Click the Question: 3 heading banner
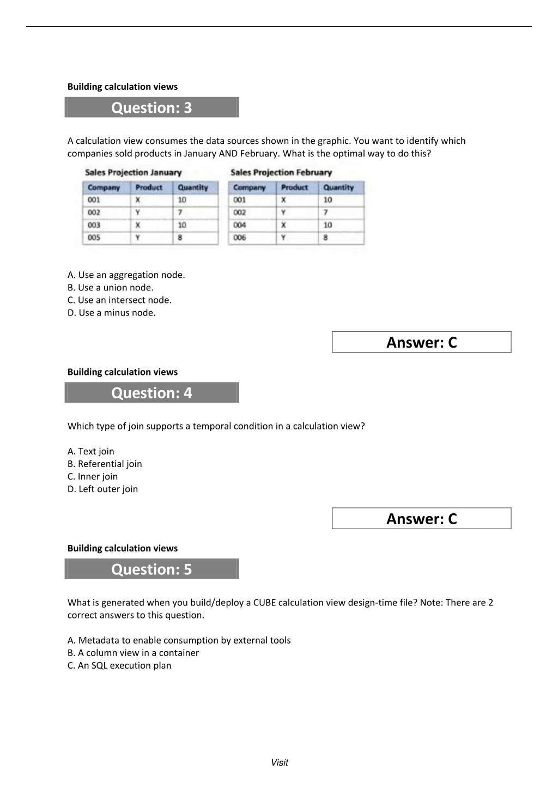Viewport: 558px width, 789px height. click(x=151, y=107)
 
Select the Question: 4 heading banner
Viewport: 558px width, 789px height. click(x=151, y=393)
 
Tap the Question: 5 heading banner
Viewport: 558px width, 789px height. click(x=151, y=569)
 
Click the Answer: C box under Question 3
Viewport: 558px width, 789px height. click(x=421, y=342)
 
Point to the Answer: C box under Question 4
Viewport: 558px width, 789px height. click(x=421, y=519)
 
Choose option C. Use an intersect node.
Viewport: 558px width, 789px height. click(x=119, y=300)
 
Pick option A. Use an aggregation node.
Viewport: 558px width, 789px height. click(x=126, y=275)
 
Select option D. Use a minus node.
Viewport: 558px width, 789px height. click(x=111, y=313)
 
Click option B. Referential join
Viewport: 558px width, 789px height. click(x=105, y=464)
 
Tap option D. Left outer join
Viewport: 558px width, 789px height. click(x=102, y=489)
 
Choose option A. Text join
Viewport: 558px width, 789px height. click(x=91, y=451)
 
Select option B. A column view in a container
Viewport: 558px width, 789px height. click(x=133, y=653)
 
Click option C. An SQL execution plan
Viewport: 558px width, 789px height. click(x=119, y=665)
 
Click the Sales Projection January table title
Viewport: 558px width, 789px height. click(x=133, y=173)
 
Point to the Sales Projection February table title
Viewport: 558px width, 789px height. click(x=281, y=173)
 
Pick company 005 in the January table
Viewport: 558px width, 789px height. click(x=94, y=238)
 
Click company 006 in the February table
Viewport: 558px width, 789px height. click(x=240, y=238)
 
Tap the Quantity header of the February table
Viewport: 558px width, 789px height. click(x=338, y=187)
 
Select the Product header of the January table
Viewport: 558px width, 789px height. click(x=149, y=187)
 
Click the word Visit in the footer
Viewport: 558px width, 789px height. click(x=279, y=762)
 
